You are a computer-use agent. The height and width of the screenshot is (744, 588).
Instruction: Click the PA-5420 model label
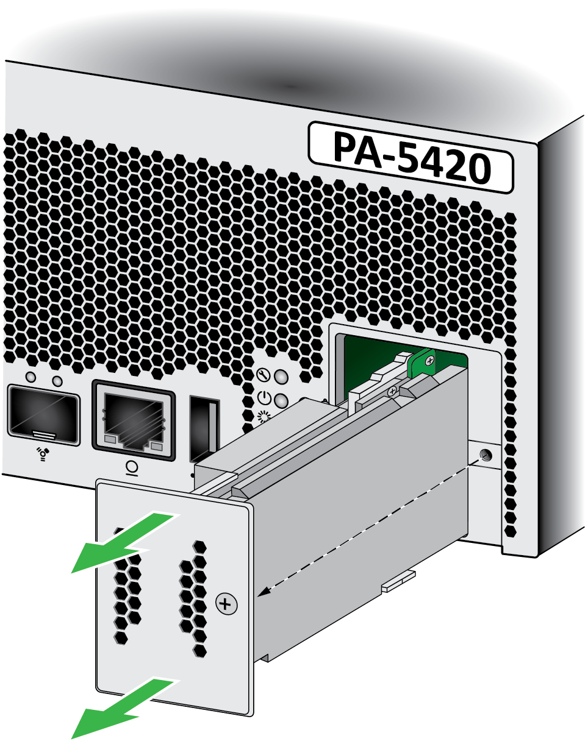tap(411, 157)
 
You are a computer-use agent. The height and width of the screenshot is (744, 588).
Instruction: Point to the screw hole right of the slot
tap(485, 456)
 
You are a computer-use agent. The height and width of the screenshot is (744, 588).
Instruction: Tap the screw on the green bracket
tap(430, 360)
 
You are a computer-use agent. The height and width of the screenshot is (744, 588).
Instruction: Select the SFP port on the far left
tap(43, 415)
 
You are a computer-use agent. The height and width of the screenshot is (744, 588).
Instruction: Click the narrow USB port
tap(205, 430)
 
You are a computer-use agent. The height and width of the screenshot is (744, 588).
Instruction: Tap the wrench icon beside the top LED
tap(264, 375)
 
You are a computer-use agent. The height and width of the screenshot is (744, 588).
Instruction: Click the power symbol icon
tap(264, 398)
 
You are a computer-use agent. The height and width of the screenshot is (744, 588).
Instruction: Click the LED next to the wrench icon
tap(281, 378)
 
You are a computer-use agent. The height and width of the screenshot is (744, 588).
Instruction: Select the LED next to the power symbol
tap(281, 401)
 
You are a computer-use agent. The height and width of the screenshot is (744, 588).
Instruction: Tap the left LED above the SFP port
tap(31, 377)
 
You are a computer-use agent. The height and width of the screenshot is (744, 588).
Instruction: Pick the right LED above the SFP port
tap(57, 381)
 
